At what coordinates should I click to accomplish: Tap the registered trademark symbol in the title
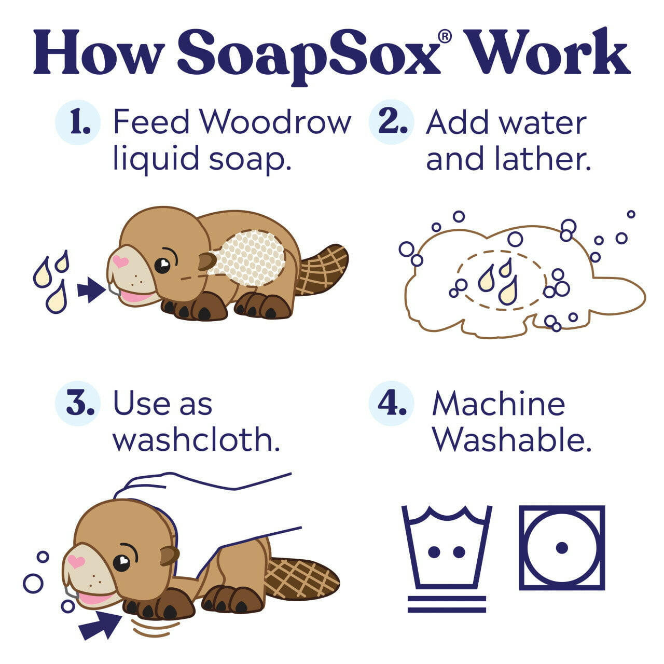[x=444, y=36]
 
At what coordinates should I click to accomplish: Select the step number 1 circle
[x=78, y=122]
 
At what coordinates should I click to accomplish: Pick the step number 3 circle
[x=78, y=404]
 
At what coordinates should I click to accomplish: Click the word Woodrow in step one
[x=275, y=122]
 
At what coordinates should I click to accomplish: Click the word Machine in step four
[x=499, y=404]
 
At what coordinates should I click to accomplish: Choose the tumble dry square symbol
[x=562, y=547]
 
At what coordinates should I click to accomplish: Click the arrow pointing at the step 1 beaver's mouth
[x=90, y=290]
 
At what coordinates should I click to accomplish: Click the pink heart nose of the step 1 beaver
[x=121, y=261]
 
